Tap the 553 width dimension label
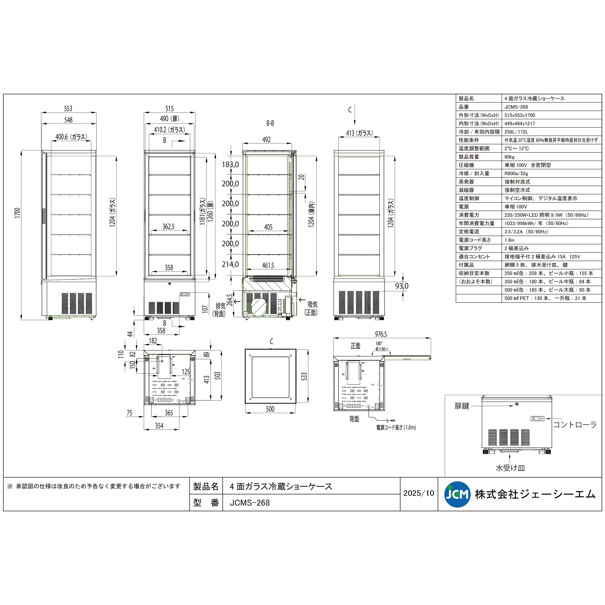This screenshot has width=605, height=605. (x=68, y=109)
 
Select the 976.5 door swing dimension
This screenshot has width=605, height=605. (x=381, y=334)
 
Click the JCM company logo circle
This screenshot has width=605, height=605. (x=457, y=494)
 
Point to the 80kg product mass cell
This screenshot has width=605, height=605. (x=509, y=157)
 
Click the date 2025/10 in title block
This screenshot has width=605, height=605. (x=419, y=493)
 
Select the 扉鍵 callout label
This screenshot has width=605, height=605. (x=462, y=406)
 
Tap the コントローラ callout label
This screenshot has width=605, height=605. (x=575, y=425)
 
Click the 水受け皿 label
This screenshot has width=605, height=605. (x=510, y=468)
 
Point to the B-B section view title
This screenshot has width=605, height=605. (x=270, y=123)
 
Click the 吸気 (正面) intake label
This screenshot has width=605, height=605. (x=311, y=308)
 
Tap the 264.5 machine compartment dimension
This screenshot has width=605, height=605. (x=230, y=300)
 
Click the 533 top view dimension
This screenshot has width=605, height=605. (x=304, y=376)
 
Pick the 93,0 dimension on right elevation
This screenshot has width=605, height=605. (x=402, y=286)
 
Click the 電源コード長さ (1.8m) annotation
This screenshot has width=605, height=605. (x=396, y=428)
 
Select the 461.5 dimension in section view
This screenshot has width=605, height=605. (x=268, y=265)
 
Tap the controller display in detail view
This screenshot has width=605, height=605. (x=537, y=419)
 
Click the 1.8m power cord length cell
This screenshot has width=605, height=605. (x=509, y=240)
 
